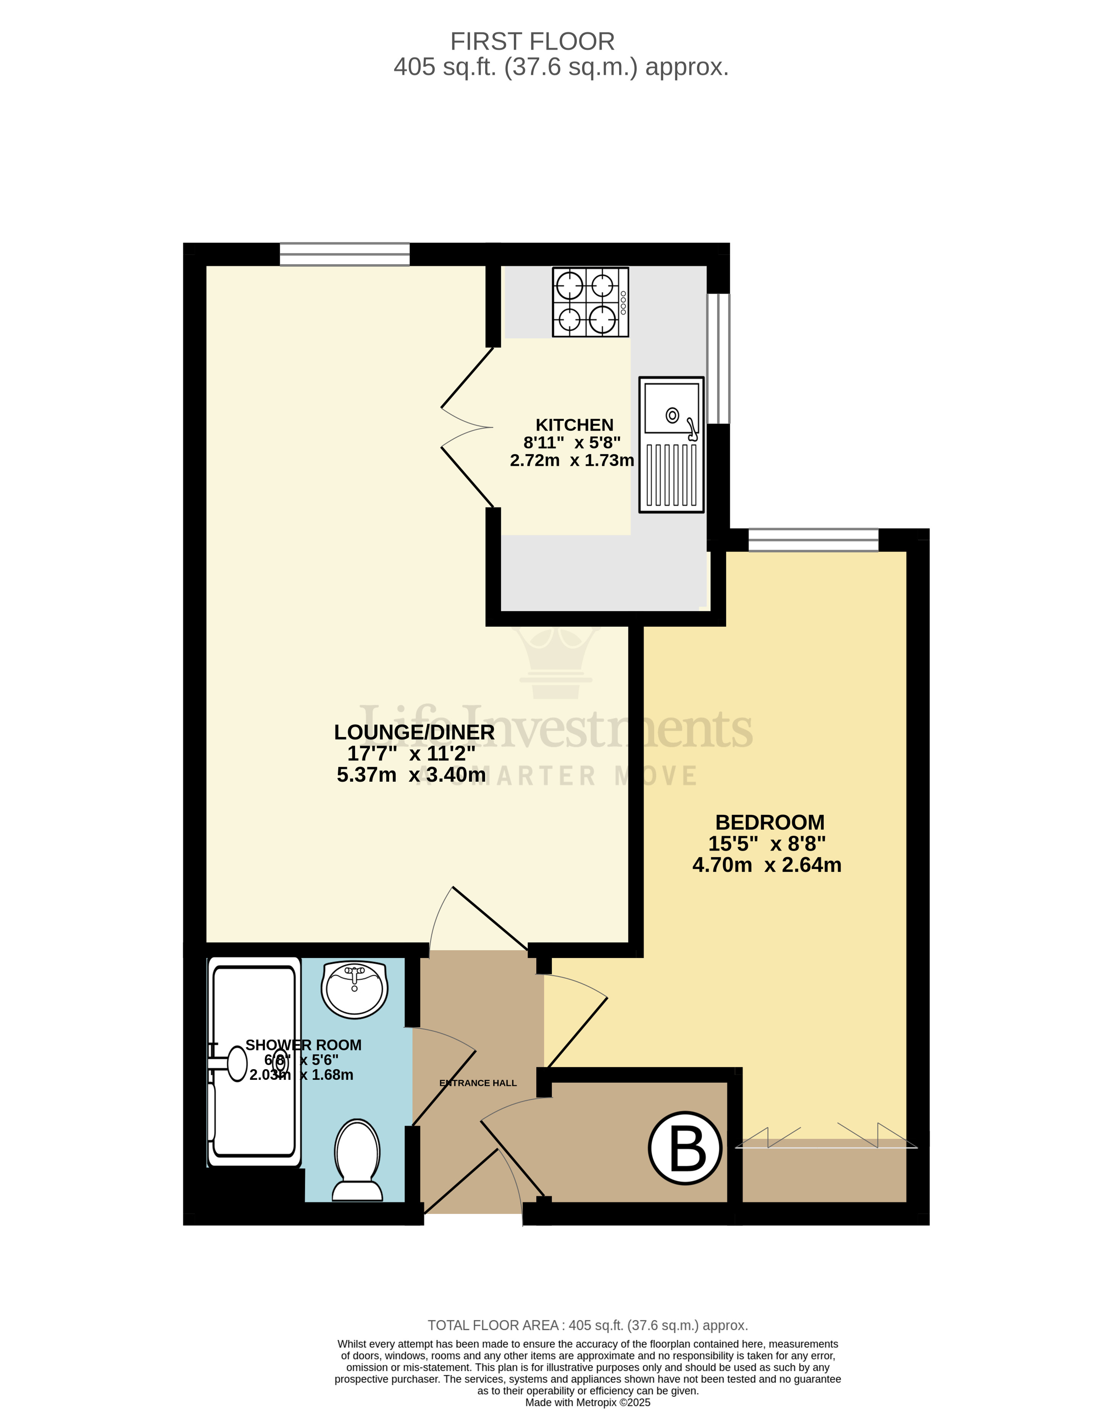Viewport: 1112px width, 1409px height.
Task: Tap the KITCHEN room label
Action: pyautogui.click(x=574, y=425)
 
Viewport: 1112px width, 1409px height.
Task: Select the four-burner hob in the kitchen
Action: pyautogui.click(x=590, y=302)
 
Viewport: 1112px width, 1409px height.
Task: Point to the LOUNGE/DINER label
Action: pyautogui.click(x=414, y=732)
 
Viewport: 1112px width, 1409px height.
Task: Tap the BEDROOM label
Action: pyautogui.click(x=770, y=822)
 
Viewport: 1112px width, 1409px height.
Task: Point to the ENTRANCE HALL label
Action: pyautogui.click(x=478, y=1083)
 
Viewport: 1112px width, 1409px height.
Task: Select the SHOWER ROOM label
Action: pyautogui.click(x=303, y=1045)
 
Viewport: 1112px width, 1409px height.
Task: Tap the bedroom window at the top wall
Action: pyautogui.click(x=813, y=540)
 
